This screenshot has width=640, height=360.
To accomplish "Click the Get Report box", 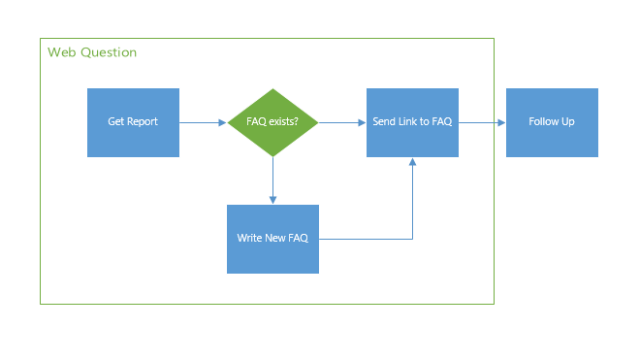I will (133, 122).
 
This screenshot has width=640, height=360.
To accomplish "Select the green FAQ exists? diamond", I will (272, 122).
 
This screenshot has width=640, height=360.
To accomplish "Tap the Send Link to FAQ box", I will (412, 122).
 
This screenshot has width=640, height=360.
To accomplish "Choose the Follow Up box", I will (552, 122).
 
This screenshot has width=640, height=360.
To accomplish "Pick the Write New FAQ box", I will (272, 239).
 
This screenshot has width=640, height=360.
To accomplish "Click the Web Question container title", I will (92, 51).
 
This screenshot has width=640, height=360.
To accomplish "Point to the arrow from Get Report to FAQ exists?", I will (203, 122).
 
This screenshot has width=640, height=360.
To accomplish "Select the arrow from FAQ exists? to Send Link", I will (342, 122).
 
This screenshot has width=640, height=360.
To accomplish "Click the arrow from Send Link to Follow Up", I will (482, 122).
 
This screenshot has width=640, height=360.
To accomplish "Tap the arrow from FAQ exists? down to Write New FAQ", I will (272, 180).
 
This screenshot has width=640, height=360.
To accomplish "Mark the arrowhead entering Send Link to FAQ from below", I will (413, 162).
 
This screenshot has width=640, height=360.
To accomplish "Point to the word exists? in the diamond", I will (284, 122).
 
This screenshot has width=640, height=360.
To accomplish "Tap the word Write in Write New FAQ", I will (249, 239).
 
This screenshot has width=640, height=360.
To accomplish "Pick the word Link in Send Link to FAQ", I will (408, 122).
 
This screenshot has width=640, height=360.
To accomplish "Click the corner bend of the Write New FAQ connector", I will (413, 239).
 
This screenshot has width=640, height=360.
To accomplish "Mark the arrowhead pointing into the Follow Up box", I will (501, 122).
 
